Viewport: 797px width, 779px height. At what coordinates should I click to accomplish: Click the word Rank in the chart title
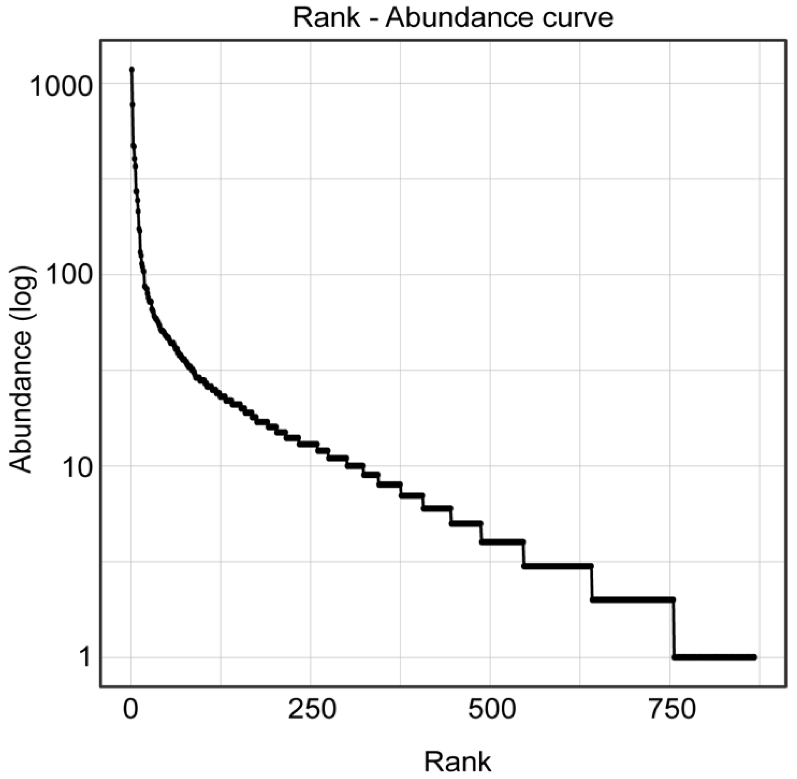pyautogui.click(x=326, y=18)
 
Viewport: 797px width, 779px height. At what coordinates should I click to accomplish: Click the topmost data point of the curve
pyautogui.click(x=132, y=70)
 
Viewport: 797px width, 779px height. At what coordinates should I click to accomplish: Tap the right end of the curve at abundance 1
pyautogui.click(x=755, y=658)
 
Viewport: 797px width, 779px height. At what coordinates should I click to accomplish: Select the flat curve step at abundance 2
pyautogui.click(x=632, y=600)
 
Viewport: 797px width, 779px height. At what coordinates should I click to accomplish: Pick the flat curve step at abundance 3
pyautogui.click(x=557, y=566)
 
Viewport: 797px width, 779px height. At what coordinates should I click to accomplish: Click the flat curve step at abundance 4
pyautogui.click(x=502, y=542)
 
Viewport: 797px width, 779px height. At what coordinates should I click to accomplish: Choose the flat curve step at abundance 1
pyautogui.click(x=714, y=658)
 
